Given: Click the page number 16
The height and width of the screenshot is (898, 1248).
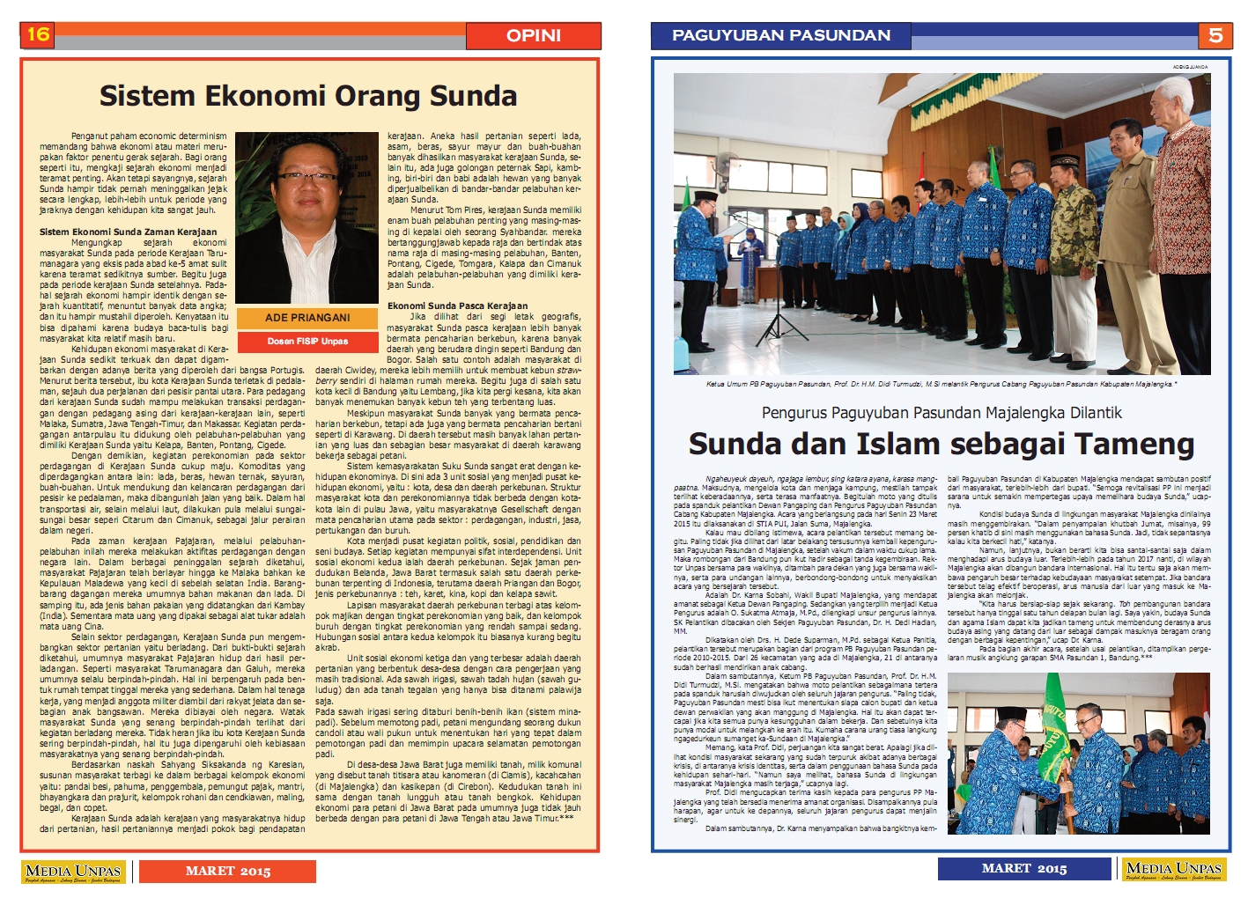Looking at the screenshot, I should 38,35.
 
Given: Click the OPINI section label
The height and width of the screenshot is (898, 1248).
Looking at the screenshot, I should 533,36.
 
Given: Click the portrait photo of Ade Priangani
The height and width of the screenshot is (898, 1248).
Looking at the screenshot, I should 306,217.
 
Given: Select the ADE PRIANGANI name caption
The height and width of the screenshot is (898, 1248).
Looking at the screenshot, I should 307,318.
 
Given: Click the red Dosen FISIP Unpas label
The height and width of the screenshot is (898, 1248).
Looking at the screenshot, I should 307,341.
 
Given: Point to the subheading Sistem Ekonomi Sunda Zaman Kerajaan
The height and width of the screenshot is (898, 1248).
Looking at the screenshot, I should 128,232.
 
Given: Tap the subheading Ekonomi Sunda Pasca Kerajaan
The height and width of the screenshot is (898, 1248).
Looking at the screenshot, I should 457,305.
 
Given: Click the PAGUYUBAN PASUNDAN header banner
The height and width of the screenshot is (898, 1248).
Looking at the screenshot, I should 780,35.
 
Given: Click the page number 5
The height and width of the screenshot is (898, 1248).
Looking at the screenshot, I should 1215,35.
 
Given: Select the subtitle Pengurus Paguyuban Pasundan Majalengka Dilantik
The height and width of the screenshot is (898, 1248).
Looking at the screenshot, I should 942,412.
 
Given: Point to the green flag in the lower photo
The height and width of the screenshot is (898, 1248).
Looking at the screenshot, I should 1055,713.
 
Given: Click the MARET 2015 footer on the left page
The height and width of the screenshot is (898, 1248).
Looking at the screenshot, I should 227,871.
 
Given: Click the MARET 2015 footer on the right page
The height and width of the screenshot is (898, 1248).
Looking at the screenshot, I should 1023,869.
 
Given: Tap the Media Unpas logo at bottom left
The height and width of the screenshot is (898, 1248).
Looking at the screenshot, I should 74,872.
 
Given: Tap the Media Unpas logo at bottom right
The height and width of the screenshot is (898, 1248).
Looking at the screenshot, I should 1174,870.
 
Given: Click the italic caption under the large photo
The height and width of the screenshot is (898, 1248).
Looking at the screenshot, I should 941,384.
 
